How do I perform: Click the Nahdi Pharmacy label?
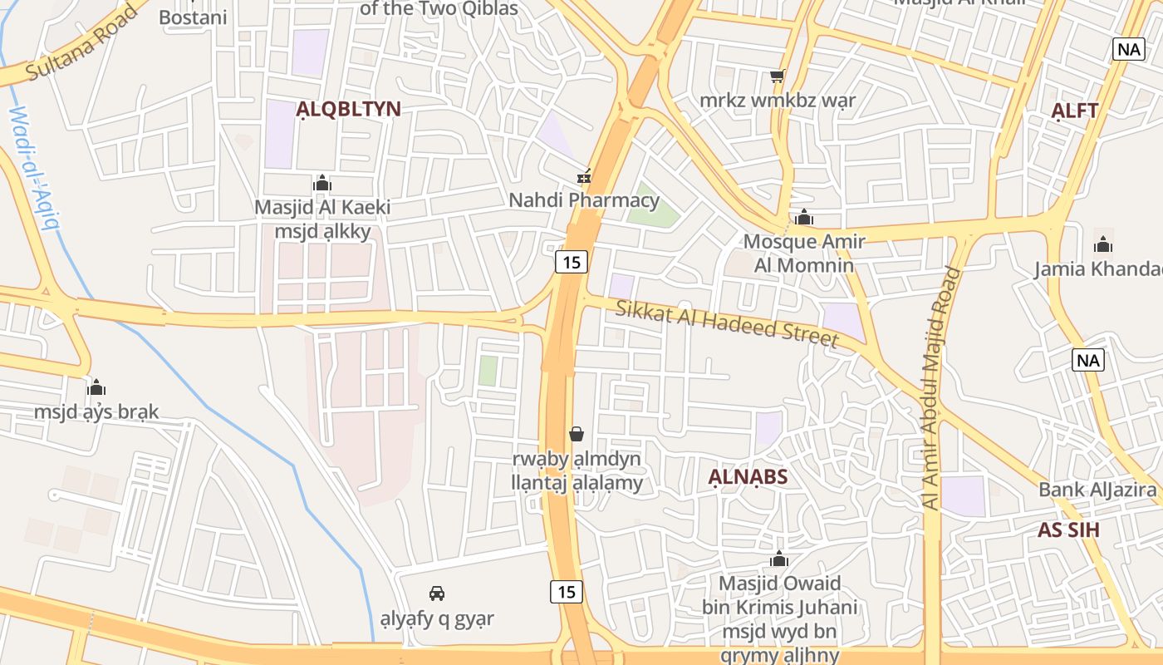coord(584,200)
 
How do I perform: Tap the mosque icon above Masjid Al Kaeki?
coord(322,183)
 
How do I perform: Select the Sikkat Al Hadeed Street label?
coord(727,323)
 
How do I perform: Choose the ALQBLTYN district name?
coord(349,109)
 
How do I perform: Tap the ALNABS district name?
coord(748,477)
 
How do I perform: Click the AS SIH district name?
coord(1068,530)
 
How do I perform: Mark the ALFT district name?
coord(1075,111)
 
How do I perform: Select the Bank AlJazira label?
coord(1097,490)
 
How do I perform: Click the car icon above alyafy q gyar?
coord(437,594)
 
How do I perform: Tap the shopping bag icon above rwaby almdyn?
coord(576,434)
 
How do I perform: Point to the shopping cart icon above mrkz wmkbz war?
coord(777,76)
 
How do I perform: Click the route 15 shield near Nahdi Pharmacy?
coord(572,263)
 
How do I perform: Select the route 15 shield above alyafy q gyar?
coord(567,592)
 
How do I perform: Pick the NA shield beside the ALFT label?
coord(1129,49)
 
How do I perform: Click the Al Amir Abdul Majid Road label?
coord(940,387)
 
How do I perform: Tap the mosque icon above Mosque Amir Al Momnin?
coord(803,218)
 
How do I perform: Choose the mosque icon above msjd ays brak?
coord(96,388)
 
